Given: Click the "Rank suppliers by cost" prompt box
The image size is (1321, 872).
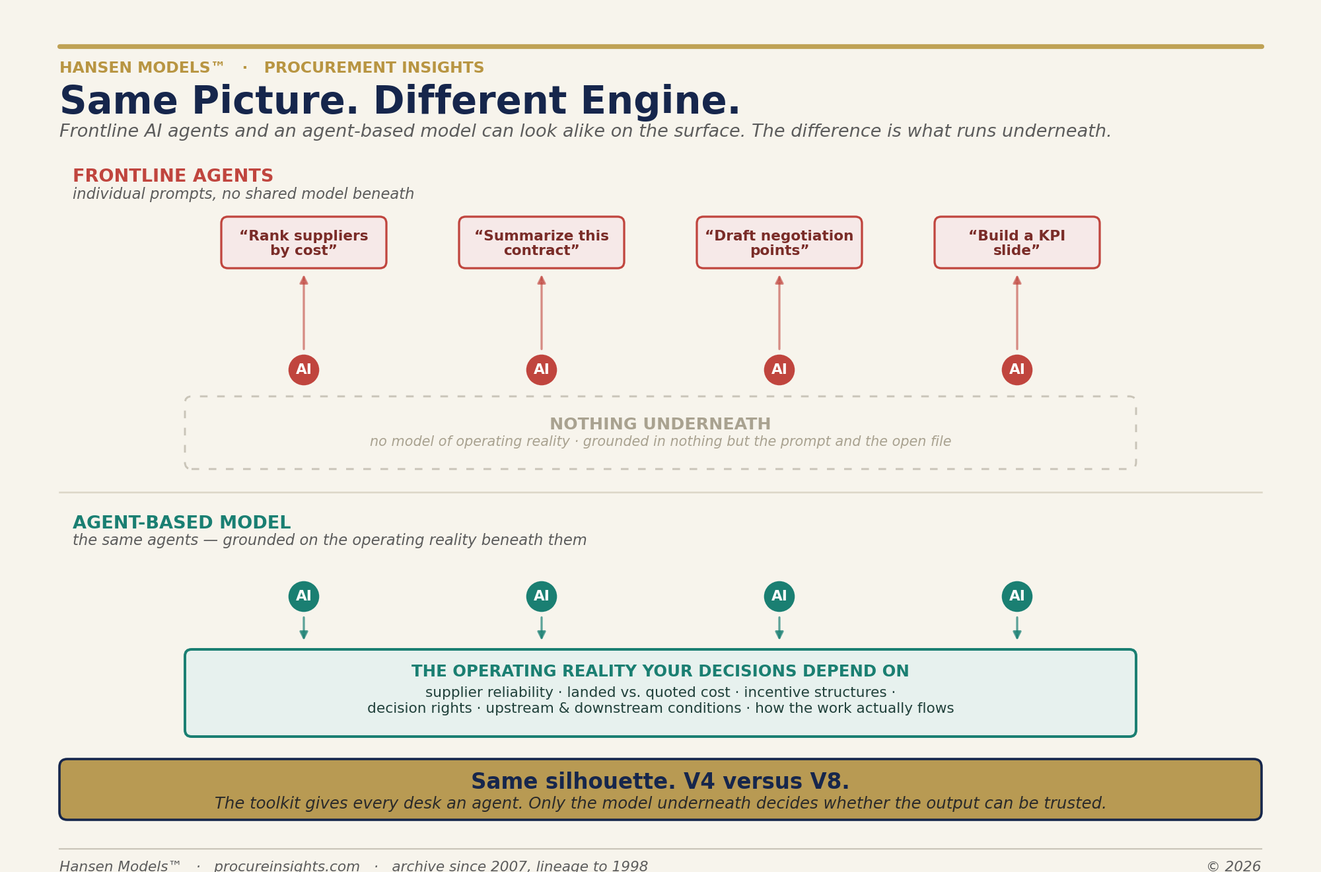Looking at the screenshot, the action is coord(304,242).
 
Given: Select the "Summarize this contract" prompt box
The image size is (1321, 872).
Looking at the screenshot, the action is coord(542,242).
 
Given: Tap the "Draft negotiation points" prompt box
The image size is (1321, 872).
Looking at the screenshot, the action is coord(779,242).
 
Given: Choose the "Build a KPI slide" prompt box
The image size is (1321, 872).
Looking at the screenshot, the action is coord(1017,242).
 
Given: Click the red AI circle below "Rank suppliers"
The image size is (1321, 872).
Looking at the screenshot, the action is coord(304,370).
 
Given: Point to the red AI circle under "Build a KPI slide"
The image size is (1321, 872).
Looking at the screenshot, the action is coord(1017,370).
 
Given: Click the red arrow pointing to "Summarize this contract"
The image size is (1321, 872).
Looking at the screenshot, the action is coord(542,312).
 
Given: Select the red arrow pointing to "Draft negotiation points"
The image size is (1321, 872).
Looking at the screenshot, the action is coord(779,312).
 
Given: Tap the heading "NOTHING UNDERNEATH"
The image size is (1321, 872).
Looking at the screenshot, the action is coord(660,424).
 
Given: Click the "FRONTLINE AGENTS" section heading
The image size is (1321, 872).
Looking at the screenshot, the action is coord(173,176).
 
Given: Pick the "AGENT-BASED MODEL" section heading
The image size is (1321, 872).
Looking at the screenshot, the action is coord(182,523).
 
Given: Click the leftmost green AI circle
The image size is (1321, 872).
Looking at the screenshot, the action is coord(304,597).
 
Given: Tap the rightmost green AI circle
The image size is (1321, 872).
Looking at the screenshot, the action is coord(1017,597).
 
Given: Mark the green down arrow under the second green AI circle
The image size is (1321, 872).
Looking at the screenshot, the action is coord(542,628).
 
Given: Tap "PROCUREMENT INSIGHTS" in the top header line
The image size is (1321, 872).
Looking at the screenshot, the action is coord(374,68).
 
